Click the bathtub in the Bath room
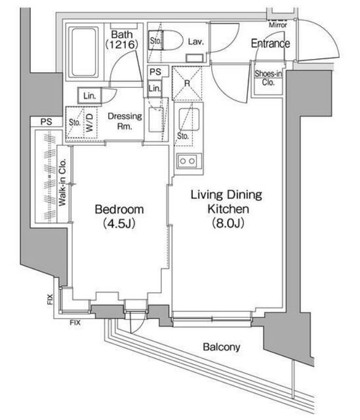click(83, 52)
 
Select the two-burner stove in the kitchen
click(188, 161)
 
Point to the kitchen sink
click(189, 119)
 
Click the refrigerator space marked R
click(187, 83)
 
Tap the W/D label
click(89, 123)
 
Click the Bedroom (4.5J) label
click(119, 216)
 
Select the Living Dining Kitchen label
click(227, 209)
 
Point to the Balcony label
click(222, 347)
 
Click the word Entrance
click(270, 43)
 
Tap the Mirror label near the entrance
click(278, 25)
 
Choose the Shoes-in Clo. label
click(268, 77)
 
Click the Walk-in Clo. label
click(62, 182)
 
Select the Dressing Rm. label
click(125, 121)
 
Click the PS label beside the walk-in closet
click(47, 121)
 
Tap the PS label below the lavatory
click(155, 72)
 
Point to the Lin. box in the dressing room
click(89, 96)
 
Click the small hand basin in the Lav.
click(194, 58)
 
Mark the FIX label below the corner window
click(75, 323)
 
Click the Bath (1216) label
click(122, 39)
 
